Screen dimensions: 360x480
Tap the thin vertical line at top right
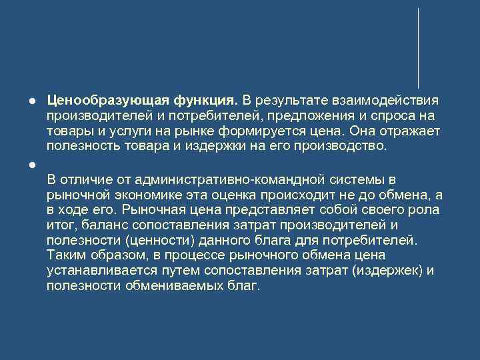tap(418, 47)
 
